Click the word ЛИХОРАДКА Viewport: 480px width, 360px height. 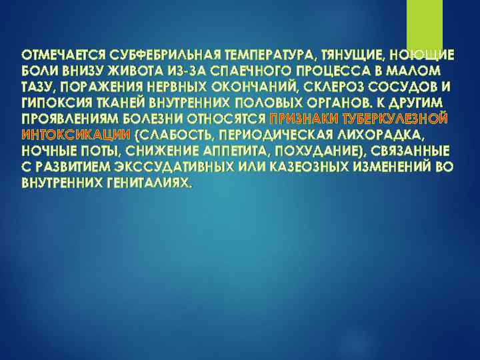tap(382, 135)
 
